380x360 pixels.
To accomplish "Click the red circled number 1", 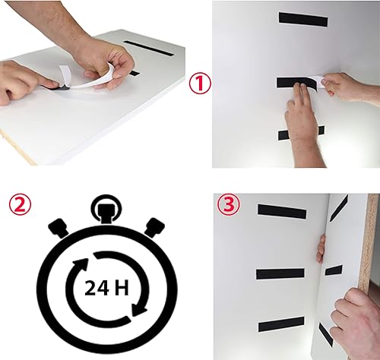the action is coord(200,84).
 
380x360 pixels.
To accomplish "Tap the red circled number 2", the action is coord(20,204).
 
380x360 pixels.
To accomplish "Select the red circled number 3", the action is coord(229,204).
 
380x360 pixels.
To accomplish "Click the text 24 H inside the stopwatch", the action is coord(106,288).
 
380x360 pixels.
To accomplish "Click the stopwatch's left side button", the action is coord(59,228).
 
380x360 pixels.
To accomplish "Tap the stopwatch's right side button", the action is coord(154,227).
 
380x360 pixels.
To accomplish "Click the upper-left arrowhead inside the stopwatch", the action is coord(81,265).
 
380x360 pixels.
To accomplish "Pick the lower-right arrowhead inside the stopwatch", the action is coord(139,310).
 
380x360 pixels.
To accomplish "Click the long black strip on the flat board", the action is coord(149,49).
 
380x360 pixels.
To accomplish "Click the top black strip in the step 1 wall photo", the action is coord(303,19).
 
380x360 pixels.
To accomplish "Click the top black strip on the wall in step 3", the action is coord(282,212).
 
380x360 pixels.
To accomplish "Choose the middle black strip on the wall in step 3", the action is coord(280,274).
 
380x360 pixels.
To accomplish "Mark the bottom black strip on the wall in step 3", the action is coord(281,324).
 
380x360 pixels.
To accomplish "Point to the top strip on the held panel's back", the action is coord(339,208).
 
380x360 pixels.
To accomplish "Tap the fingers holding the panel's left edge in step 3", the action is coord(321,249).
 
